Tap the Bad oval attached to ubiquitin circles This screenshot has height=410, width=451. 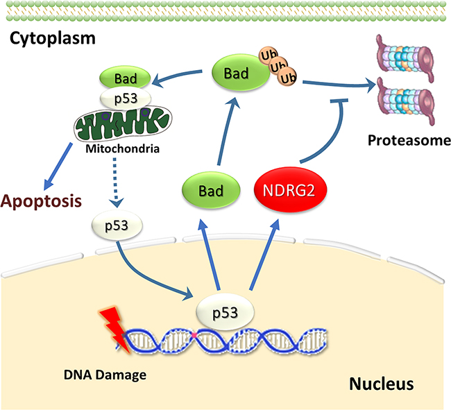click(x=239, y=72)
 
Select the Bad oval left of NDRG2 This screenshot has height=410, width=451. click(x=210, y=189)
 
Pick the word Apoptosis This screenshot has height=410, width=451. click(x=41, y=202)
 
